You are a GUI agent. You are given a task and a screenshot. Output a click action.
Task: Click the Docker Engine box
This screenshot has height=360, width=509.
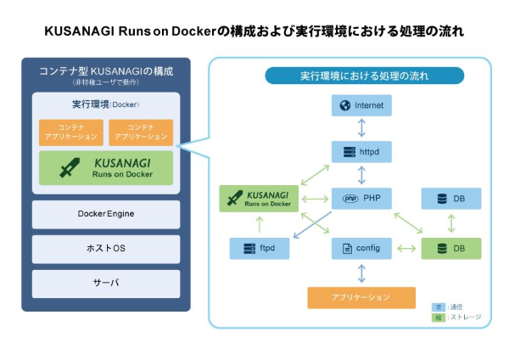106,214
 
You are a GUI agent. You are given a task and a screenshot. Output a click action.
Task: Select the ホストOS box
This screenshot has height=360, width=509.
106,249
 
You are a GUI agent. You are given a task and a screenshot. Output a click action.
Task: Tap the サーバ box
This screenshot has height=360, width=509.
106,283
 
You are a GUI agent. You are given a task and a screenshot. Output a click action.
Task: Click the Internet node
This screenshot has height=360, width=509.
361,105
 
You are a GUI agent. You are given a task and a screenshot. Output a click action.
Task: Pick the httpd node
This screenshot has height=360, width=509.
361,152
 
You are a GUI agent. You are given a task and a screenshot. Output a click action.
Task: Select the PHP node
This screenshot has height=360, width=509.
361,199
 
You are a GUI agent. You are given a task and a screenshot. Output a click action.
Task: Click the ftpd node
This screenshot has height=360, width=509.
260,248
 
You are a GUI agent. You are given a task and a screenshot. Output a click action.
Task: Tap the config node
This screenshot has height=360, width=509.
361,248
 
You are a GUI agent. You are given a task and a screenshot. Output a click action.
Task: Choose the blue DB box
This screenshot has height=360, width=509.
450,199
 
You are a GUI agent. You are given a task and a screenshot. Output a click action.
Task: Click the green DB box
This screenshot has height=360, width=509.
450,248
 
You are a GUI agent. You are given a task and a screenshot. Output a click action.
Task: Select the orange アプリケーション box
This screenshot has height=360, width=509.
361,297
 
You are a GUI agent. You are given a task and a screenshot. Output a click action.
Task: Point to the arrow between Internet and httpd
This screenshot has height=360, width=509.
361,129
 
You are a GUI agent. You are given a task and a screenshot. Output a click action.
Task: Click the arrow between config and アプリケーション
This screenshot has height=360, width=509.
361,273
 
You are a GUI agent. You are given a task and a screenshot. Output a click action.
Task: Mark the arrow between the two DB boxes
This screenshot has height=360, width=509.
450,223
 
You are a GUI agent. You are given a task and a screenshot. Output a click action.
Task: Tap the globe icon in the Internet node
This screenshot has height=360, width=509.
345,105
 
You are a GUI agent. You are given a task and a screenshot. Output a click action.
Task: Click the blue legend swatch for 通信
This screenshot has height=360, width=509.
438,307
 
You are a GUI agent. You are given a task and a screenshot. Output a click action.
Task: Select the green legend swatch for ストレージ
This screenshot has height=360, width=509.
438,318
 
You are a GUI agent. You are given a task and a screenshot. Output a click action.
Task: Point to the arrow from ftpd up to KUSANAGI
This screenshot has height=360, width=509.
260,224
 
